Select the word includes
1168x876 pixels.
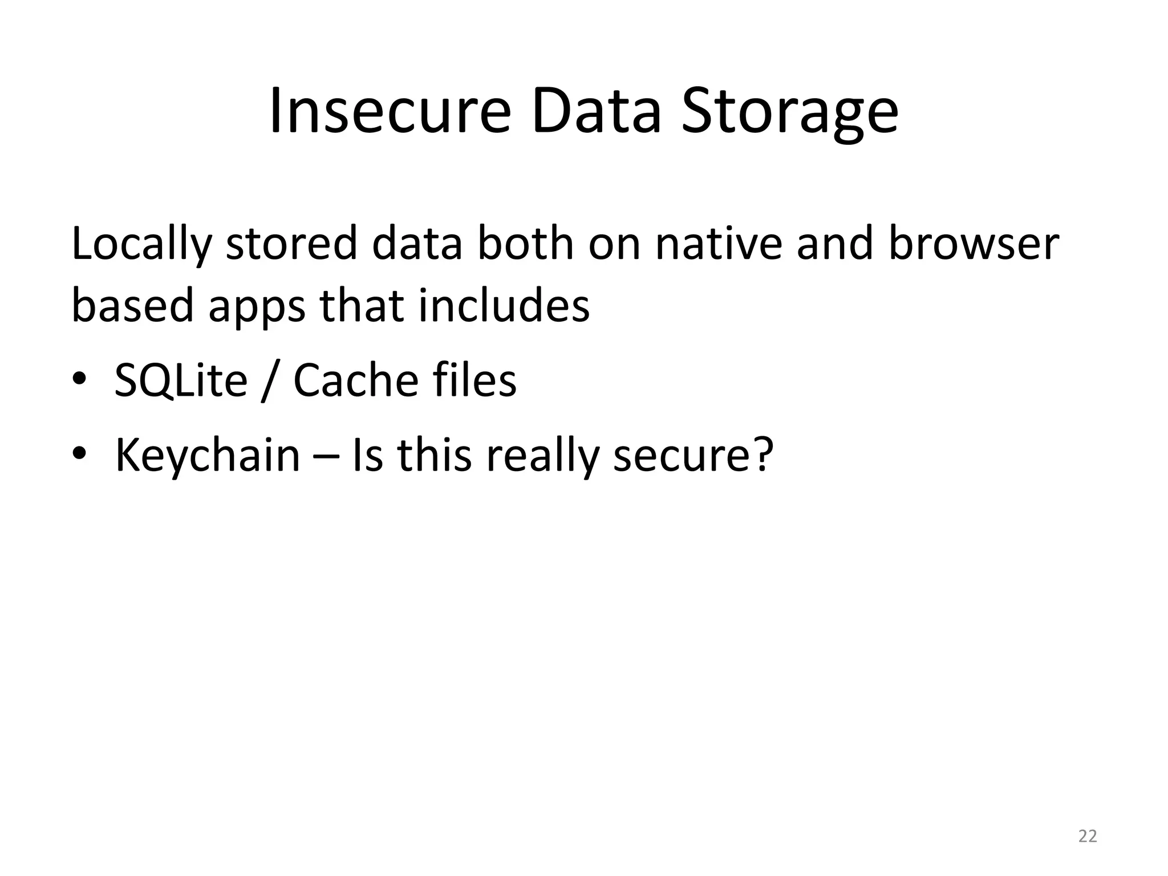[504, 305]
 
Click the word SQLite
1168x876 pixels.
[181, 380]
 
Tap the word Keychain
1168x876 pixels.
[207, 456]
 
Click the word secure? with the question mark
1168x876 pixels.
[693, 456]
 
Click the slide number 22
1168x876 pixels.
[1088, 836]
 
